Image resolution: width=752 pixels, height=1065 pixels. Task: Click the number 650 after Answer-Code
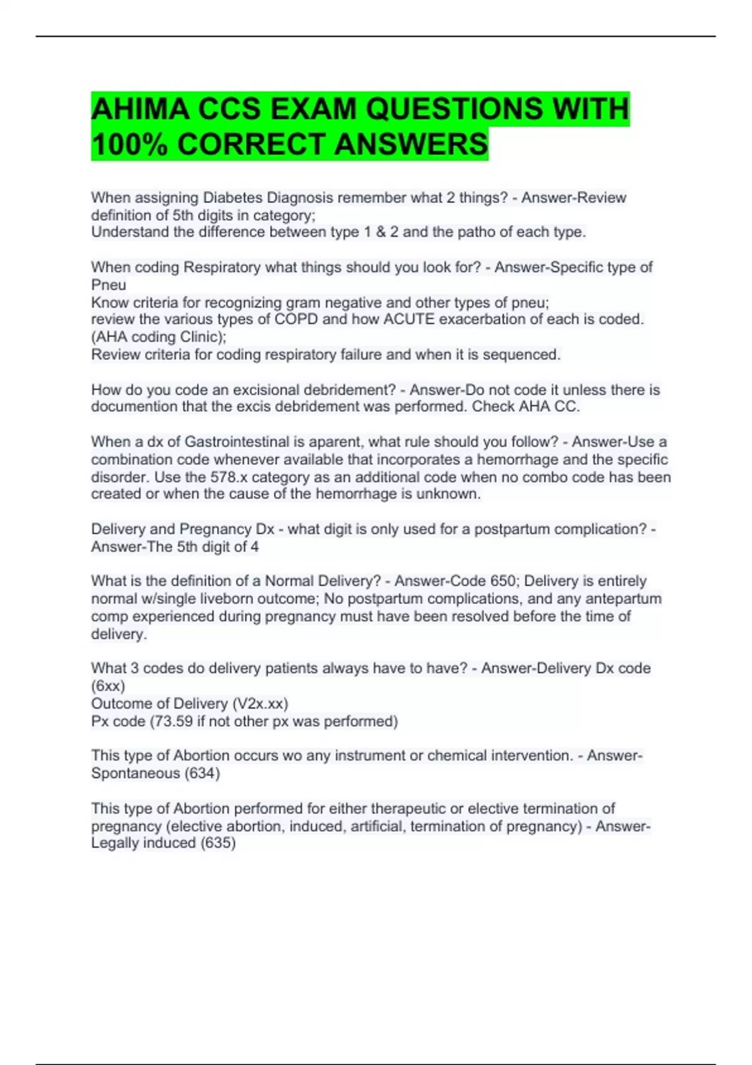pyautogui.click(x=503, y=581)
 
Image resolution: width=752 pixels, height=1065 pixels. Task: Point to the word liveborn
pyautogui.click(x=226, y=599)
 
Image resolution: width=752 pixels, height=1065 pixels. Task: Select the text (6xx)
pyautogui.click(x=108, y=686)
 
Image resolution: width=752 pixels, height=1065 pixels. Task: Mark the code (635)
pyautogui.click(x=217, y=843)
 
